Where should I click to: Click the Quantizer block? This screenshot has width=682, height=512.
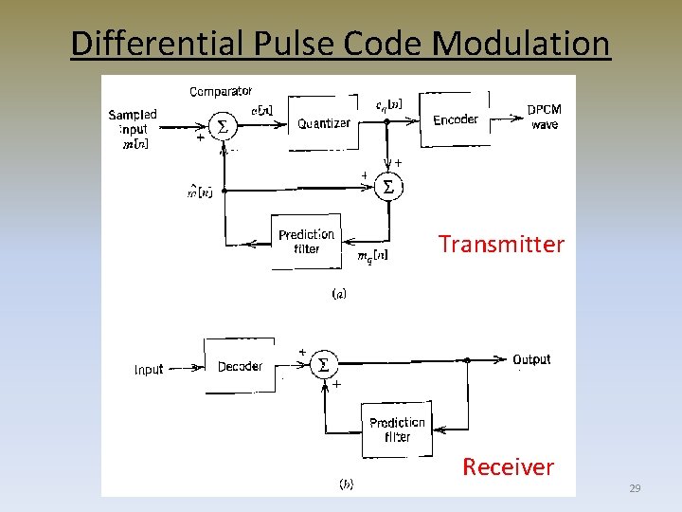click(323, 123)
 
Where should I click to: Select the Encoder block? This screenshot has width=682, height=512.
click(456, 119)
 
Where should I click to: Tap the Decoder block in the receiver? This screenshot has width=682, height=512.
click(240, 366)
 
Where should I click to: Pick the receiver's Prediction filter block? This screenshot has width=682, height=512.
click(397, 430)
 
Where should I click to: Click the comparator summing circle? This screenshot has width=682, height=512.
click(223, 127)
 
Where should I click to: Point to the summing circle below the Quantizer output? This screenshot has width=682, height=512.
click(386, 187)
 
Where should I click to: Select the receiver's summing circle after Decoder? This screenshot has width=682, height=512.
click(324, 365)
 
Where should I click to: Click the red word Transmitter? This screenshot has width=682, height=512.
click(501, 245)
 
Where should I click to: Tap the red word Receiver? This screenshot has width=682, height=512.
click(508, 466)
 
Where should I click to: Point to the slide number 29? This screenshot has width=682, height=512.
click(635, 488)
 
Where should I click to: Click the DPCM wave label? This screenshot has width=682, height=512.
click(544, 117)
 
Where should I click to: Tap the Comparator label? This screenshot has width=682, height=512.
click(221, 92)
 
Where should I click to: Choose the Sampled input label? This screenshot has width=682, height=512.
click(133, 121)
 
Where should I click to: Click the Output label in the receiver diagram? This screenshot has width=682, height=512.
click(531, 359)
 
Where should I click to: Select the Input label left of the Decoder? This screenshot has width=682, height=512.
click(149, 370)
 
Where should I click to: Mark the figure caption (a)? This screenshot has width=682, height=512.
click(338, 294)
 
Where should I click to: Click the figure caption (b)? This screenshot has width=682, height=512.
click(346, 484)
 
